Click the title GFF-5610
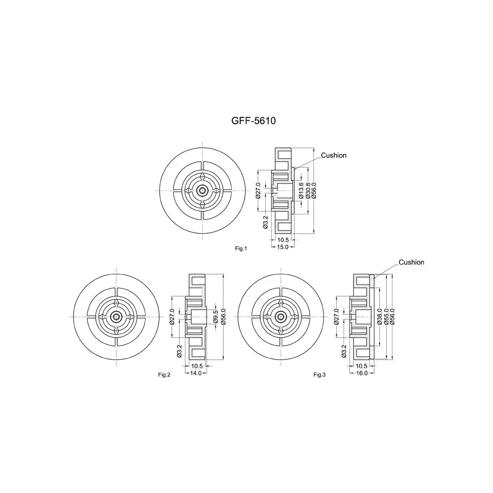point(253,121)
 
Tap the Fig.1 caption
point(241,248)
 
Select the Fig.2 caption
point(164,375)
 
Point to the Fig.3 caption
point(319,375)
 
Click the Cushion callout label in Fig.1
point(334,155)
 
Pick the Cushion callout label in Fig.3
point(411,262)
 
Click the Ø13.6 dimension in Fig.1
point(301,190)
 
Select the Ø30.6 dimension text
point(308,190)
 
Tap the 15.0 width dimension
point(282,247)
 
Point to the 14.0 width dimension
point(196,373)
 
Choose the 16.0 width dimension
point(361,373)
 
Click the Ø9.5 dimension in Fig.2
point(216,317)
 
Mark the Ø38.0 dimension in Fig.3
point(380,317)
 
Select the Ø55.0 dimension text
point(386,317)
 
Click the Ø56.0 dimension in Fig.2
point(223,317)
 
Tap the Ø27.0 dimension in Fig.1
point(258,190)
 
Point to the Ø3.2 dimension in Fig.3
point(344,351)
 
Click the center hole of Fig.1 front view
point(202,190)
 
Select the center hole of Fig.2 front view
point(116,317)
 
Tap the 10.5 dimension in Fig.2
point(197,366)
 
